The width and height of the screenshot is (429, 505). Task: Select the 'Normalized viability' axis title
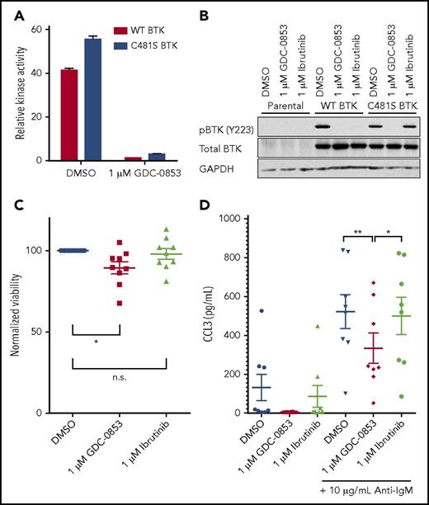[15, 317]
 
